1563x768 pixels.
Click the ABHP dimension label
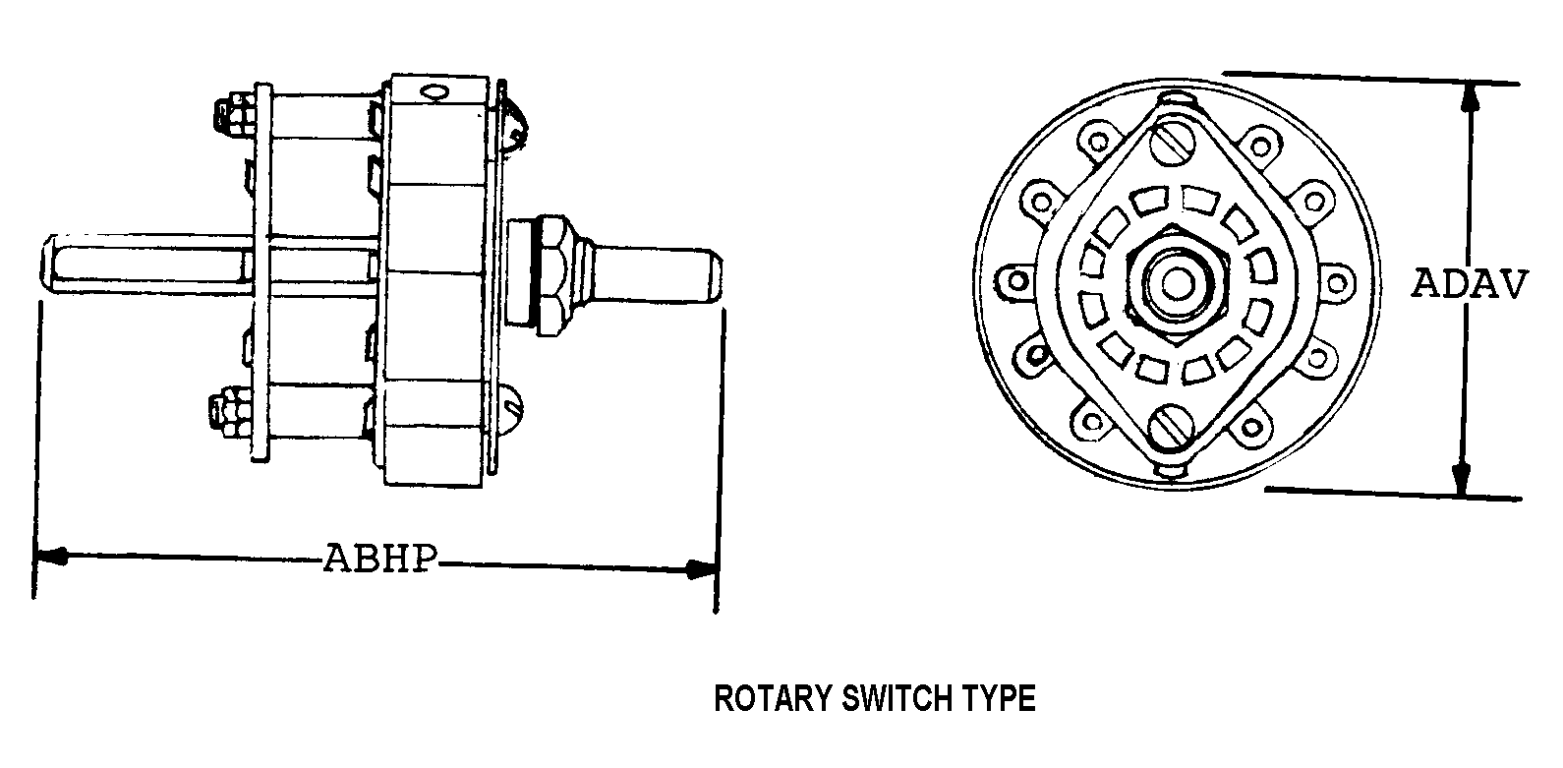coord(381,558)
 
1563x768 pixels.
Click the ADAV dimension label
coord(1470,284)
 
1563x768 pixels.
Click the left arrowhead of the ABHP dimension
coord(49,557)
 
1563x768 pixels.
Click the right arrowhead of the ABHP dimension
coord(702,569)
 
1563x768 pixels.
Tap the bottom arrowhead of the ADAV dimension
coord(1460,478)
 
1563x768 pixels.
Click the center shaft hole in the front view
coord(1179,283)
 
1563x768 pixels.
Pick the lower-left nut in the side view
coord(230,407)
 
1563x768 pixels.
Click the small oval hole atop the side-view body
coord(434,92)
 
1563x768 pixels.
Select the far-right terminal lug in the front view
coord(1336,283)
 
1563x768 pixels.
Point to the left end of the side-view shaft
coord(46,264)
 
